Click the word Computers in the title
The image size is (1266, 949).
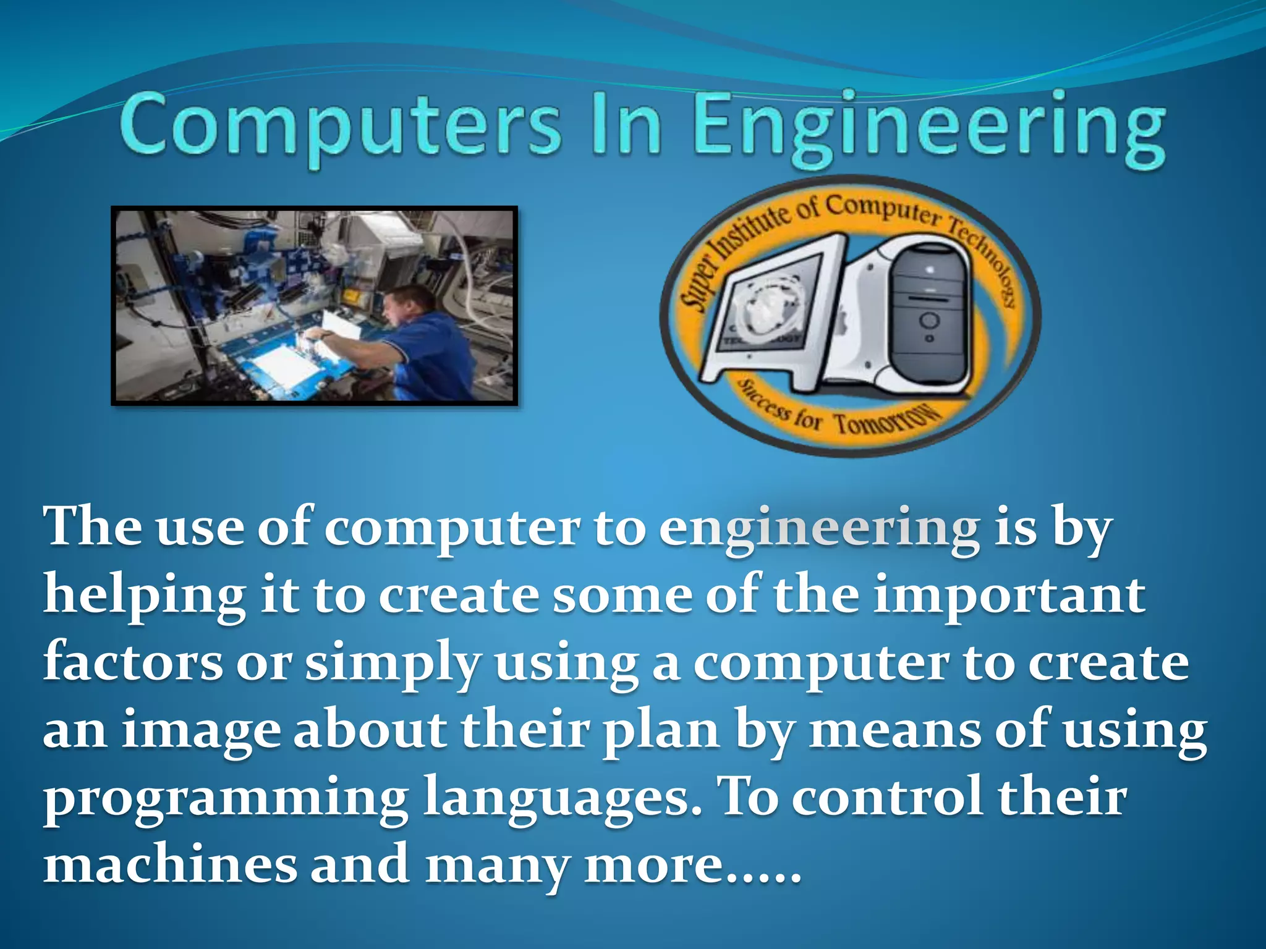tap(340, 127)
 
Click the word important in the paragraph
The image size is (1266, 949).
tap(1008, 596)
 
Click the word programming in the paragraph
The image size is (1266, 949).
tap(226, 800)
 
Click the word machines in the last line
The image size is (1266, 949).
tap(170, 865)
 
